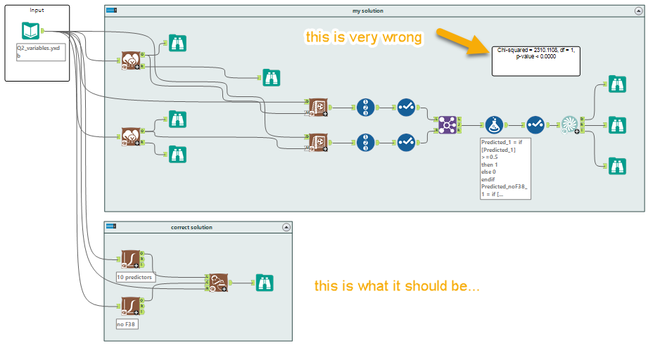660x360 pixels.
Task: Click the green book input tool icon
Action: (x=31, y=31)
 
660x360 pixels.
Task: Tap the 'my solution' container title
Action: (x=367, y=11)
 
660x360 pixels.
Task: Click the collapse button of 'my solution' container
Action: (x=639, y=11)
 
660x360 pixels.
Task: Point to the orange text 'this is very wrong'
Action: (x=364, y=37)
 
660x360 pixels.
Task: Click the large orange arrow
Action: (x=462, y=40)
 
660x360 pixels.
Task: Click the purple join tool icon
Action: (x=448, y=124)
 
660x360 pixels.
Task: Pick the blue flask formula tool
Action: (x=494, y=125)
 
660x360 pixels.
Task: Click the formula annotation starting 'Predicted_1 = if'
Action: (x=504, y=169)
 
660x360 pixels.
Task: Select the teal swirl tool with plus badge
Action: (x=569, y=125)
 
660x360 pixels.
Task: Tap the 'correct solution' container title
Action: (x=191, y=227)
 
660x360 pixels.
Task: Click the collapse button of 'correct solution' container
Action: (x=286, y=227)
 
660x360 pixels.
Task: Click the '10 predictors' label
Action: (x=134, y=277)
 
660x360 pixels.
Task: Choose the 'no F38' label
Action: (x=127, y=324)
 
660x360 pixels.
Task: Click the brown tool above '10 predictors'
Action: (x=131, y=259)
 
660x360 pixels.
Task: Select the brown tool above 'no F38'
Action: (x=131, y=305)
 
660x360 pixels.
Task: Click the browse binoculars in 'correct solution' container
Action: (x=264, y=283)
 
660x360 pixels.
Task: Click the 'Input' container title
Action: (x=37, y=11)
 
